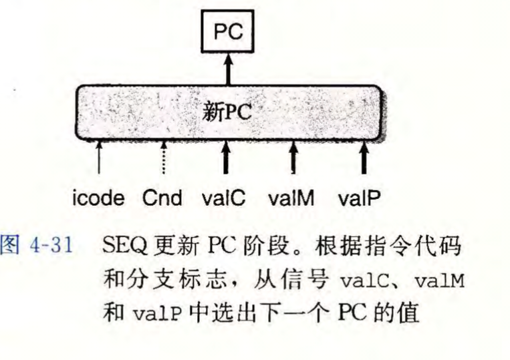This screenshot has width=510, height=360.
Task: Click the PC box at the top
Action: pyautogui.click(x=228, y=32)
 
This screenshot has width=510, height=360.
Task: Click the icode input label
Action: pyautogui.click(x=99, y=198)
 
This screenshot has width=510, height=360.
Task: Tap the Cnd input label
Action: pyautogui.click(x=162, y=198)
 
